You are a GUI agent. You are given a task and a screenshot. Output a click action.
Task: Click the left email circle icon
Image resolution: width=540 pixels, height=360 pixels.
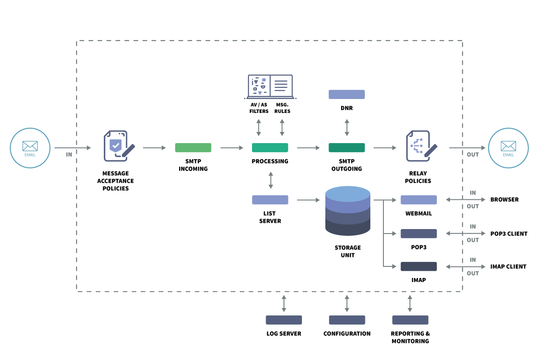pos(30,148)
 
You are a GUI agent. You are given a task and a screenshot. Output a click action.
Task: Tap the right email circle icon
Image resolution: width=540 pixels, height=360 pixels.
pos(508,148)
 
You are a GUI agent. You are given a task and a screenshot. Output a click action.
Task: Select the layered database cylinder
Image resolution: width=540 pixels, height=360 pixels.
pos(348,211)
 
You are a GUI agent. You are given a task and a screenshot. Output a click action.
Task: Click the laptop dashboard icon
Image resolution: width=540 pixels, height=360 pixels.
pos(270,86)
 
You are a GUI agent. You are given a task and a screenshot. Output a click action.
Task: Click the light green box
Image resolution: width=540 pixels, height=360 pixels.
pos(193,148)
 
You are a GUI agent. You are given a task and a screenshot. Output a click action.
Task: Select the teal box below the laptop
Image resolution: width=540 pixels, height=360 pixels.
pos(270,148)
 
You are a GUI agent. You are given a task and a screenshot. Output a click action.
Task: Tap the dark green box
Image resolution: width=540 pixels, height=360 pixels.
pos(346,148)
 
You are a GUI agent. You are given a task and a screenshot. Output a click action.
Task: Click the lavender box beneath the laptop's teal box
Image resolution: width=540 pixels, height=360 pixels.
pos(270,200)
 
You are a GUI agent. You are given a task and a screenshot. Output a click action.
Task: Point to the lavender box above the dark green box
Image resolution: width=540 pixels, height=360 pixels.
pos(346,94)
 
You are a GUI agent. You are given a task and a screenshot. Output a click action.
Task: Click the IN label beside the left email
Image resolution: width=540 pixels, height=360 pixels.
pos(69,154)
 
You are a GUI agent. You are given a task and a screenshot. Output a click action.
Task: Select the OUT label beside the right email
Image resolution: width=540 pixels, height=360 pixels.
pos(472,154)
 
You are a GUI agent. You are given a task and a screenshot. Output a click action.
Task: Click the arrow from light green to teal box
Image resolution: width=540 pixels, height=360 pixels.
pos(232,148)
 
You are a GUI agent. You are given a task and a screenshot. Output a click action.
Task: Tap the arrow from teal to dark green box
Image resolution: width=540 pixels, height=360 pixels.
pos(308,148)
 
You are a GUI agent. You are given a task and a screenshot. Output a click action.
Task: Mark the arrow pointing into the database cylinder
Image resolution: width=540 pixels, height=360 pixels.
pos(308,200)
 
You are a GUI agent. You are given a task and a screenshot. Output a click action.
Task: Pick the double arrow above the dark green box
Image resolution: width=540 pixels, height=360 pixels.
pos(346,127)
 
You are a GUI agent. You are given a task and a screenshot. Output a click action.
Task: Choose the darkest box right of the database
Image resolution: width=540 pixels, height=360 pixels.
pos(418,266)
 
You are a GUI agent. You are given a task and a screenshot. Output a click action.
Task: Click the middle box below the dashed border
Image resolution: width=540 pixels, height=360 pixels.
pos(347,320)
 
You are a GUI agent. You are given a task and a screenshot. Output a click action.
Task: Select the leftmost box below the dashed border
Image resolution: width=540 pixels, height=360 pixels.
pos(283,320)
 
